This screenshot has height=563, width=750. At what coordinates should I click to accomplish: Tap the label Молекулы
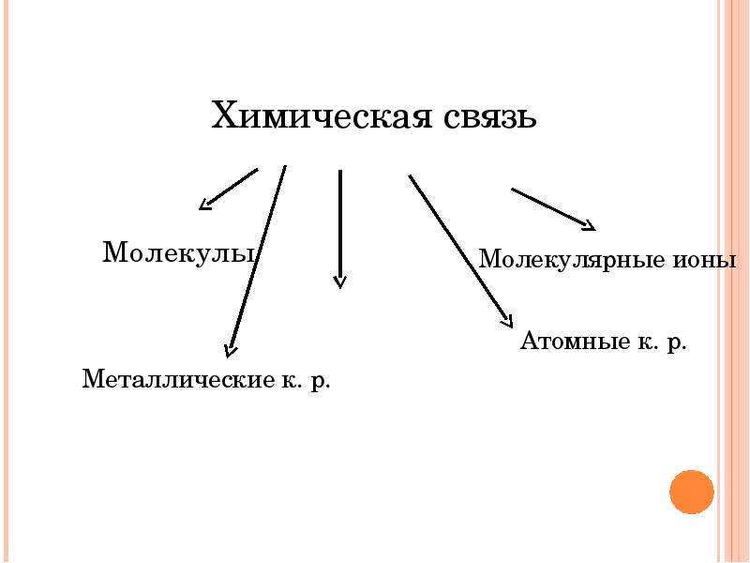178,252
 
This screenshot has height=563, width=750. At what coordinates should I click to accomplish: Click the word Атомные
575,341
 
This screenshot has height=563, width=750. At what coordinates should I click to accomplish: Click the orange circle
692,492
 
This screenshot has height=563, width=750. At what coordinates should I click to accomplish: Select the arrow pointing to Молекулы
228,190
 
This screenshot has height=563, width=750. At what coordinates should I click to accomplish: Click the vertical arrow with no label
339,229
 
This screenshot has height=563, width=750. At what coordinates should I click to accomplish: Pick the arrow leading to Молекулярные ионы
553,209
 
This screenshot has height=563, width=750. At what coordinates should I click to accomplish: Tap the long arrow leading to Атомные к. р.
460,251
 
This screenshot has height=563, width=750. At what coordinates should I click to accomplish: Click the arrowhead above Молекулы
204,205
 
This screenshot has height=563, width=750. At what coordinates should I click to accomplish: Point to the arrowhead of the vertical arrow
339,282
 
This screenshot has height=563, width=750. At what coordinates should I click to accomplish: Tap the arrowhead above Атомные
508,322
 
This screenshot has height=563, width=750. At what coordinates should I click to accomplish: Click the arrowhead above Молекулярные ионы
590,226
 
